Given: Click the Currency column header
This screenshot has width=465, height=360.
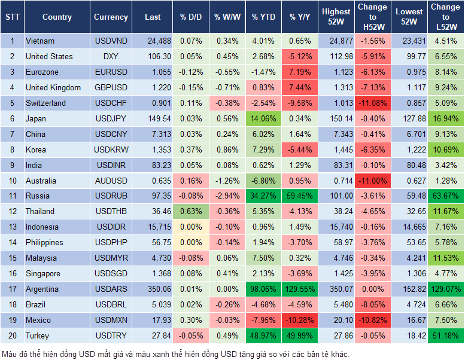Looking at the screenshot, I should point(111,17).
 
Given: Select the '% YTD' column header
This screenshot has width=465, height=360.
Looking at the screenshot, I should point(263,17).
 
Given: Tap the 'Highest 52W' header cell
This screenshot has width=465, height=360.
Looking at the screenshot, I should point(336,17).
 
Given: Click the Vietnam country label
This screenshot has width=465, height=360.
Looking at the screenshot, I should point(40,41).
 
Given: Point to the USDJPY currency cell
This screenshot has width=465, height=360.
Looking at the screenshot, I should point(111,118).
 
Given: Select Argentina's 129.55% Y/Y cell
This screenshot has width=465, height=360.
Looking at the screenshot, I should point(301,289).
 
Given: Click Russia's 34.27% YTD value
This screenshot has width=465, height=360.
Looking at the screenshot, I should point(263,196).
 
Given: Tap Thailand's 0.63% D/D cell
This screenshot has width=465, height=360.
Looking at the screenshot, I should point(190,211).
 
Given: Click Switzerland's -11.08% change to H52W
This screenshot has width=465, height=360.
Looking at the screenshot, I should point(373,103).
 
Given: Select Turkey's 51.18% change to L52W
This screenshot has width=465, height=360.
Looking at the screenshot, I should point(445,335).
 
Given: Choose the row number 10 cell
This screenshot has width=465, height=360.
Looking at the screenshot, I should point(11,181).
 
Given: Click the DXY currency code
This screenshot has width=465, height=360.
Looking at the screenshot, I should point(111,56).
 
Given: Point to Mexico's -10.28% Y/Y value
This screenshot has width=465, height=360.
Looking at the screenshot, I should point(301,320).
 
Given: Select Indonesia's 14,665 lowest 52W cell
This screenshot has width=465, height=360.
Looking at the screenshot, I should point(410,227).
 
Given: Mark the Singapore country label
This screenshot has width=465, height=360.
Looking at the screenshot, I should point(42,273).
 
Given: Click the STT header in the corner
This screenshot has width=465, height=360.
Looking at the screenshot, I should point(11,17).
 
